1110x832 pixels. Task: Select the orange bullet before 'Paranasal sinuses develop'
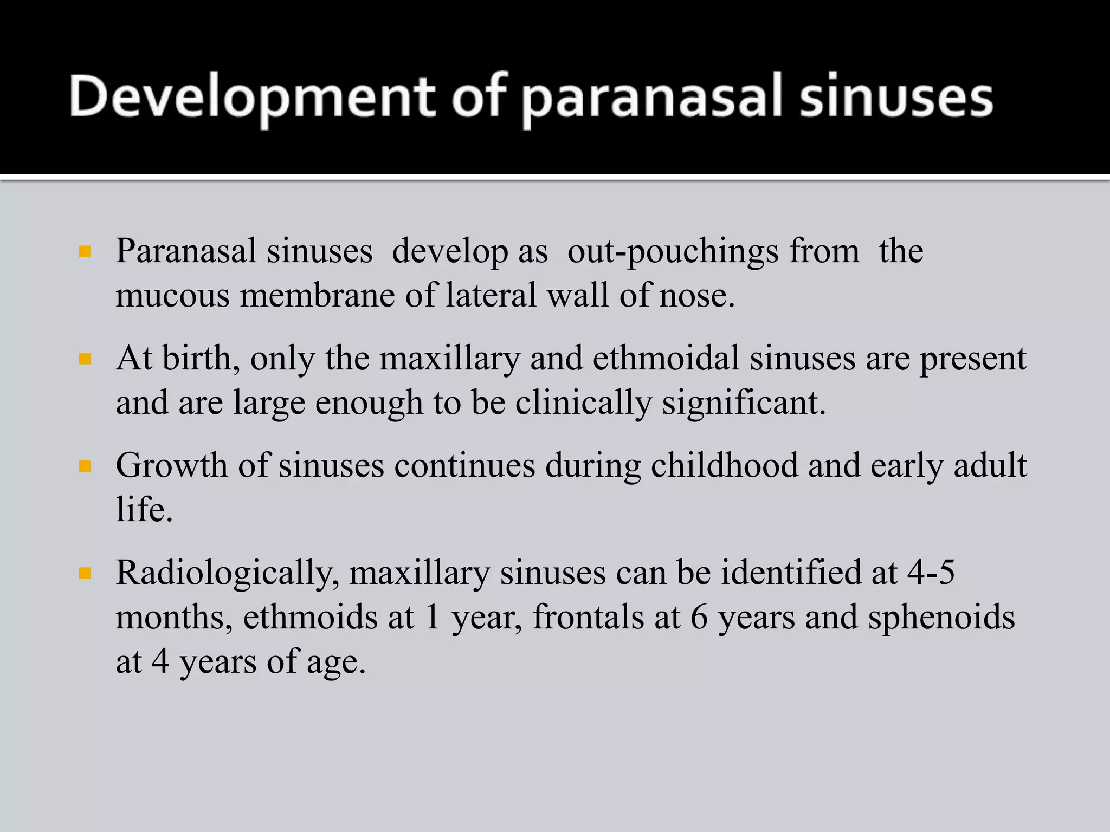85,252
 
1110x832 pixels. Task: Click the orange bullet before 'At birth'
85,359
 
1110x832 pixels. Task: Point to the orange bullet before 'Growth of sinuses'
85,466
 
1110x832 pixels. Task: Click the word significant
743,402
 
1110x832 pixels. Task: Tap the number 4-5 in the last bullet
931,573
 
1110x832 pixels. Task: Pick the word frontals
588,617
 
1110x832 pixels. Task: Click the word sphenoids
941,618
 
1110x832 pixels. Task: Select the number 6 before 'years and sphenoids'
699,617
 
